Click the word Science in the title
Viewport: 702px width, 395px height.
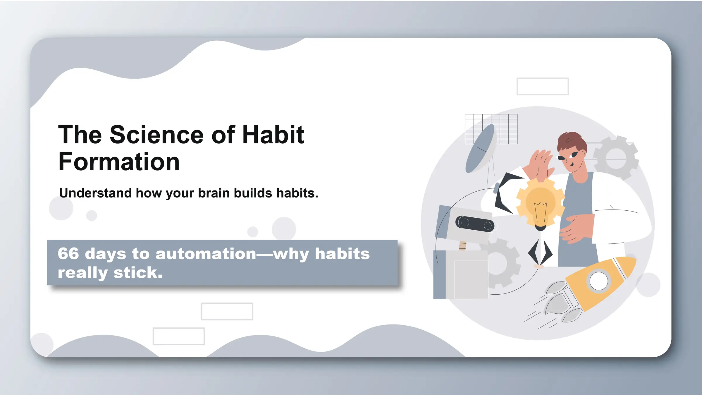click(156, 135)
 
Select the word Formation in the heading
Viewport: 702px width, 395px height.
click(119, 162)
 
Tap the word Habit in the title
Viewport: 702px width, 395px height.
click(273, 135)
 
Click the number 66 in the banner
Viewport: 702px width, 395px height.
click(68, 253)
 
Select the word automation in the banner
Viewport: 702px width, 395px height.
click(206, 254)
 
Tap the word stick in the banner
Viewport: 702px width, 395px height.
click(137, 273)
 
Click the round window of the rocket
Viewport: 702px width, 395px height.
click(598, 281)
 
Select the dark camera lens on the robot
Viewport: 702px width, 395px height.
click(475, 224)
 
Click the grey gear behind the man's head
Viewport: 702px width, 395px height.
click(617, 158)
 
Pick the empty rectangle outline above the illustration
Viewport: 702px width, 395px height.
click(542, 86)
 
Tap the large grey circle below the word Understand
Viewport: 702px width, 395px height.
click(61, 208)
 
